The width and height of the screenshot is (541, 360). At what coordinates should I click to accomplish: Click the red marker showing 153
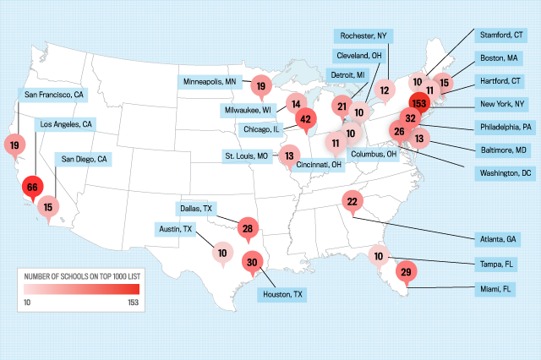click(x=418, y=102)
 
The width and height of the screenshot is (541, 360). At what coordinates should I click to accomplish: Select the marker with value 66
click(x=33, y=187)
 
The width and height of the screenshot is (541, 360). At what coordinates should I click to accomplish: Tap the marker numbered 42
click(x=305, y=120)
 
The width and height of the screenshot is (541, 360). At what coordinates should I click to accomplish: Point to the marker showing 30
click(x=251, y=262)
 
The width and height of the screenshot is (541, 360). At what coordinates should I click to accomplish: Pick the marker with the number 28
click(x=247, y=227)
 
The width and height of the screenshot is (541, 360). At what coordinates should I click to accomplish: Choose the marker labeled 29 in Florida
click(x=405, y=271)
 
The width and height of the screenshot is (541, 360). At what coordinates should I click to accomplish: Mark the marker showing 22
click(x=352, y=200)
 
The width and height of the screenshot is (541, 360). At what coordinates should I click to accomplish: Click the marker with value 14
click(x=295, y=105)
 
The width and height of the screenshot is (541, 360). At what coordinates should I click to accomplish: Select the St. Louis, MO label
click(x=246, y=156)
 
